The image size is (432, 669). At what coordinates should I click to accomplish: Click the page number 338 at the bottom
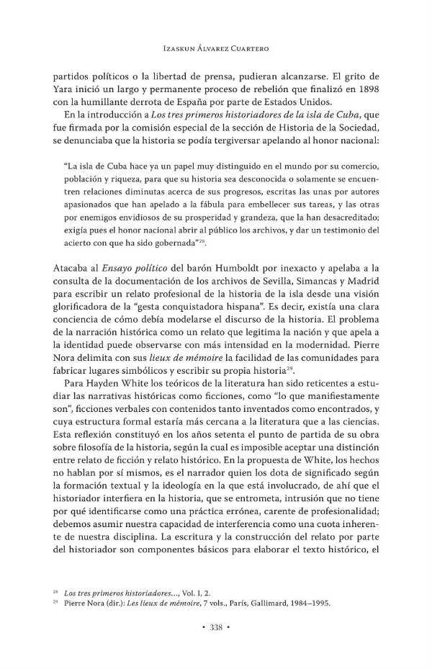click(216, 628)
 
